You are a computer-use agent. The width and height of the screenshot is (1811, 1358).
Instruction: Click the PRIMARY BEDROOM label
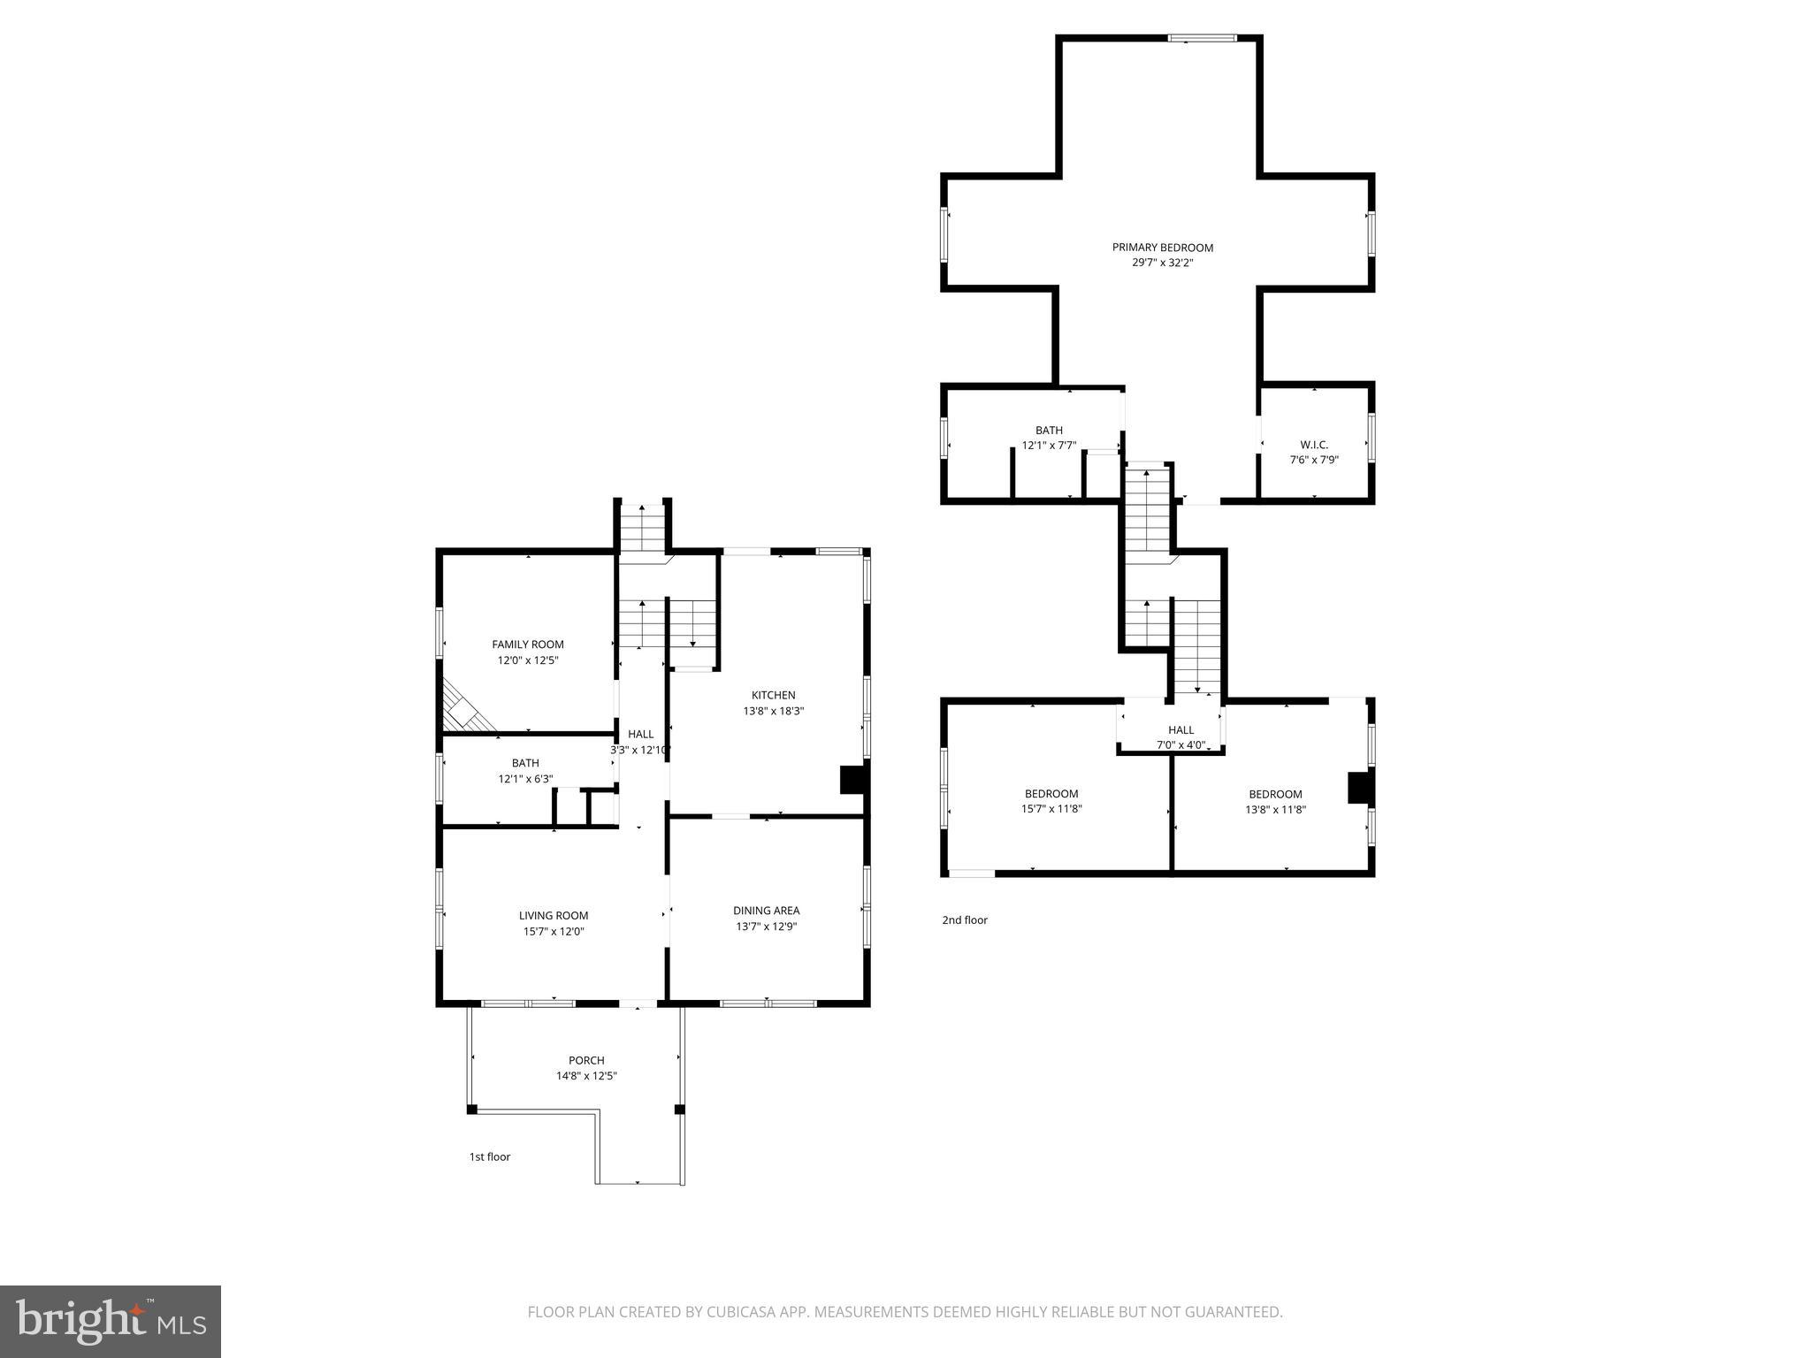[1162, 248]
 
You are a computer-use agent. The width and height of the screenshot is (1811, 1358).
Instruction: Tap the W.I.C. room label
[1313, 445]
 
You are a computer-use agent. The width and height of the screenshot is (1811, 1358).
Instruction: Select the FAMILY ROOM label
[528, 645]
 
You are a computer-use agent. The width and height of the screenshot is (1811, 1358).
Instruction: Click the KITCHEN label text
[773, 695]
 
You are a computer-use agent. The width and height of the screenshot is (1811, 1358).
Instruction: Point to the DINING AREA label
[766, 911]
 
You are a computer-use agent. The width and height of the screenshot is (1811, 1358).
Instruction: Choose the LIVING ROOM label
[554, 915]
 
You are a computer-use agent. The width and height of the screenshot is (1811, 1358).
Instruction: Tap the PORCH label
[586, 1060]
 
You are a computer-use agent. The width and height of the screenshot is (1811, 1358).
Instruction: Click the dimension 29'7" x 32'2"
[1162, 263]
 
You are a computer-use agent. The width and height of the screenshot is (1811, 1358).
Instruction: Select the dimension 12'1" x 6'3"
[525, 779]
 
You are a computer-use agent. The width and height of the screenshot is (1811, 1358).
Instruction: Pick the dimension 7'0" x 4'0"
[1181, 744]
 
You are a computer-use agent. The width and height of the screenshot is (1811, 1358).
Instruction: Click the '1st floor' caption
[489, 1156]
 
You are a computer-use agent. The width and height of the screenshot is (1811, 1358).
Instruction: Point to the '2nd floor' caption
[964, 919]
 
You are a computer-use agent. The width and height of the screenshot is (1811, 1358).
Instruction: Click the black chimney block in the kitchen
[851, 780]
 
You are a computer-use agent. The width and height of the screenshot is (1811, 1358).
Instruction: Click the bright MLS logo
[111, 1321]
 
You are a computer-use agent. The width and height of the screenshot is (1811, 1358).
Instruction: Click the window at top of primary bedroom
[1201, 38]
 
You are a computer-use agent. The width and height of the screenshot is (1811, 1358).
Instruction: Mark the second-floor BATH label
[1049, 431]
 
